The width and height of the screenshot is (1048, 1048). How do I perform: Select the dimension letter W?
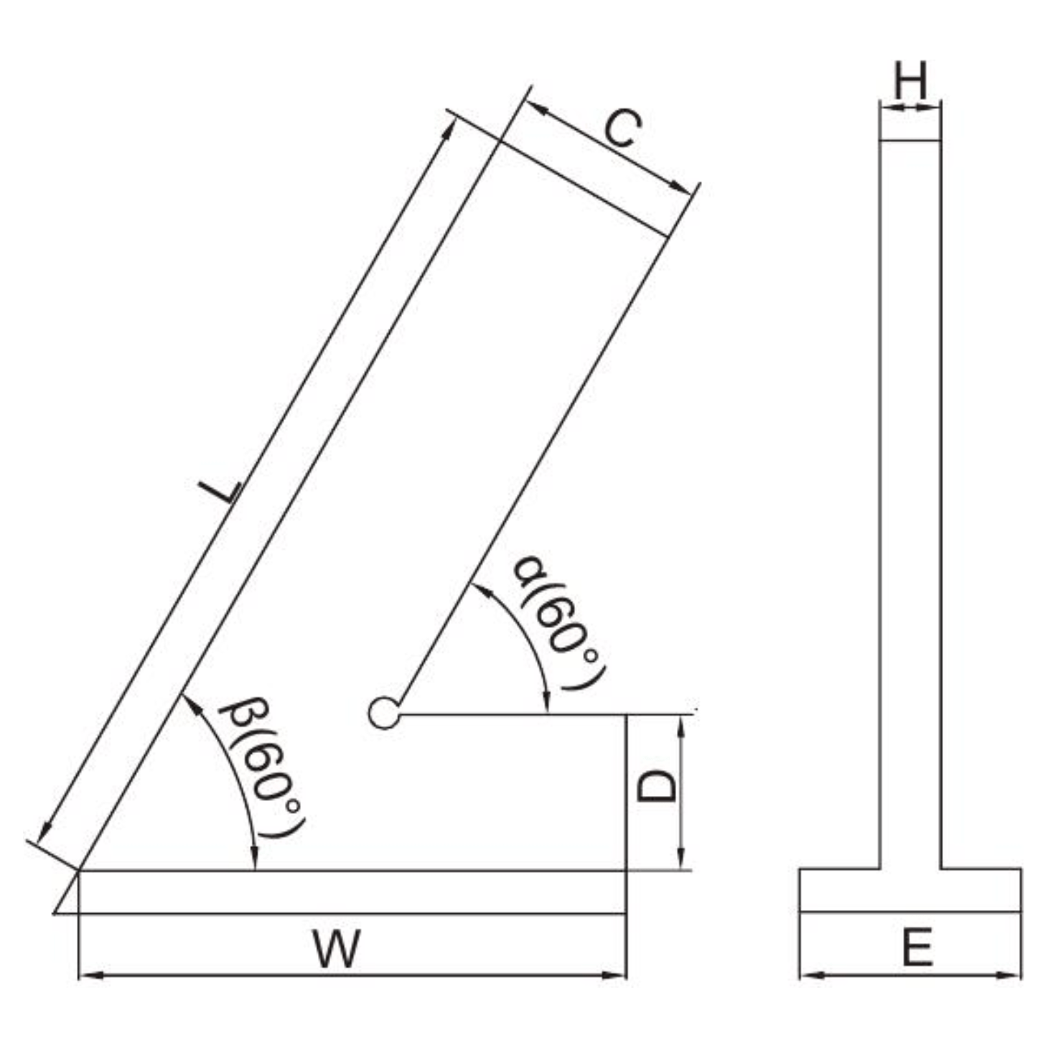pos(336,948)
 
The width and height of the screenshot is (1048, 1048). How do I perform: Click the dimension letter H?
pos(909,80)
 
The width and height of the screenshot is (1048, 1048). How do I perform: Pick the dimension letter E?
pos(917,947)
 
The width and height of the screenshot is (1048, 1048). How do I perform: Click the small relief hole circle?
pos(384,714)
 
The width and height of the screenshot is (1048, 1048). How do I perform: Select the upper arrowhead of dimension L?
pos(450,126)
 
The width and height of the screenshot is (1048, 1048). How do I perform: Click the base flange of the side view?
pos(909,890)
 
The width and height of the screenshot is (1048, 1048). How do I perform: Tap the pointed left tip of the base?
pos(57,912)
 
